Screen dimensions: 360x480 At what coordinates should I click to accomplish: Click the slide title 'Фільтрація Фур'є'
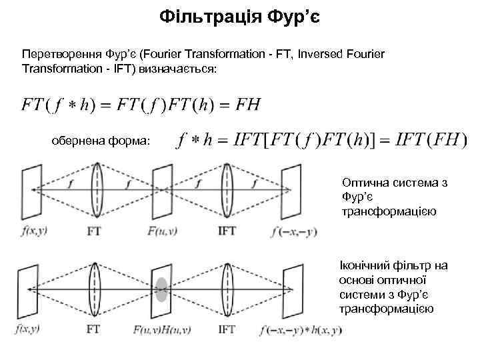240,15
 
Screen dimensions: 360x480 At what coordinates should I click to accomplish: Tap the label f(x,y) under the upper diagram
33,232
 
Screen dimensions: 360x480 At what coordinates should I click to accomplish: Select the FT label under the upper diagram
95,232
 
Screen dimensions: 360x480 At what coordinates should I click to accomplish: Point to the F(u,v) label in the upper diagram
162,232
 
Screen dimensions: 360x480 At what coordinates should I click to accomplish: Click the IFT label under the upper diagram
227,232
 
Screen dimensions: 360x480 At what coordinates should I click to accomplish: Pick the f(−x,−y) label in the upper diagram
294,232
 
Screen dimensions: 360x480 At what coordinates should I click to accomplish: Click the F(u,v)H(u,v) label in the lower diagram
162,329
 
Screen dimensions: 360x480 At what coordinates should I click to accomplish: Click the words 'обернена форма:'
101,141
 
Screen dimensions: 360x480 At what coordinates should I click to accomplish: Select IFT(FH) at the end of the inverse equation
431,140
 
